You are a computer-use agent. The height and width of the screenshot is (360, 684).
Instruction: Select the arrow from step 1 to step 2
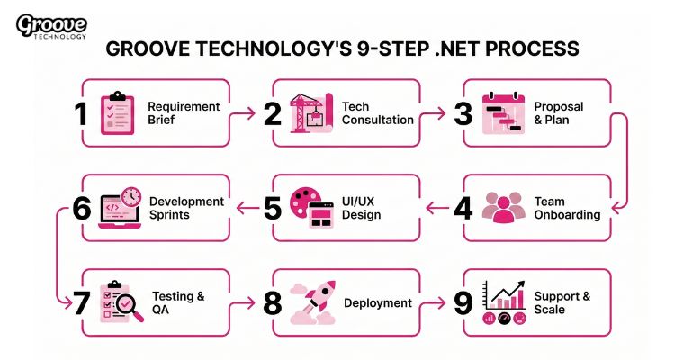coord(244,113)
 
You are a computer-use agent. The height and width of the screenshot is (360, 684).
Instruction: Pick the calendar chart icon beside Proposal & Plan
coord(502,113)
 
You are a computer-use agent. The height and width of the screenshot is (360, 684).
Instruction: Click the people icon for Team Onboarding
coord(502,208)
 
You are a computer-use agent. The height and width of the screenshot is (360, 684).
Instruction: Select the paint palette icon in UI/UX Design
coord(302,202)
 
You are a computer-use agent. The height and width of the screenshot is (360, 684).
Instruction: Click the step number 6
coord(81,209)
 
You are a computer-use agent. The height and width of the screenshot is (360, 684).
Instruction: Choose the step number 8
coord(272,303)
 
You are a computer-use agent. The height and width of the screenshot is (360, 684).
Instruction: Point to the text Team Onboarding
coord(567,209)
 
